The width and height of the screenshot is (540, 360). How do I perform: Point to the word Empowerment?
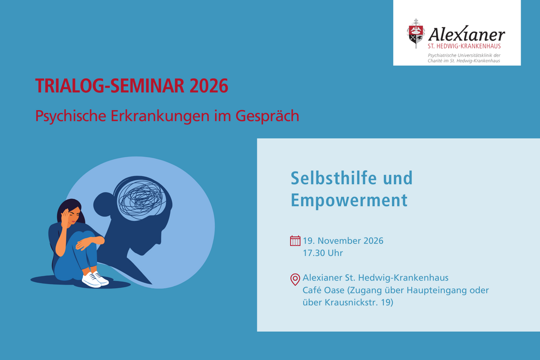coord(349,200)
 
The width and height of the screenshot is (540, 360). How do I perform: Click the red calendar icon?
coord(295,241)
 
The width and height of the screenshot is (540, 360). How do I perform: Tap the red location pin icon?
coord(295,279)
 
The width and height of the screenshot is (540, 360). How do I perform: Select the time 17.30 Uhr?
coord(322,253)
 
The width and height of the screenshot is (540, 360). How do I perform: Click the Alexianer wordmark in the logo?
coord(466,34)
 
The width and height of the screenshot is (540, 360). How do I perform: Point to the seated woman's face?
coord(73,215)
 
